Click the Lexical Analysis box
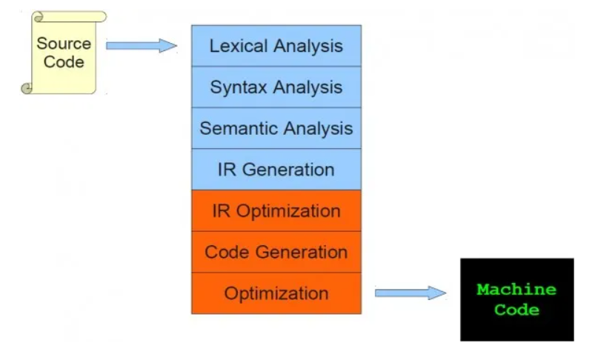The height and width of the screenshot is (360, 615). pos(276,46)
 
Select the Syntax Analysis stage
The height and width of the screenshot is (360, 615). pos(276,87)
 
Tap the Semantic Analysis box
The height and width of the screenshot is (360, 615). pos(276,128)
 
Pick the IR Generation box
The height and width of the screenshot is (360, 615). pos(276,170)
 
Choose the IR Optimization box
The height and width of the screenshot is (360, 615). pos(276,211)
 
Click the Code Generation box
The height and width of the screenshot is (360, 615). pos(276,252)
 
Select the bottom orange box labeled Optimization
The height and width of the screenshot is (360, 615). pos(276,293)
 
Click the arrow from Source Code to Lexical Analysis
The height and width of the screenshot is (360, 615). pos(142,46)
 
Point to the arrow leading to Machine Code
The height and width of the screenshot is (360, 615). pos(410,293)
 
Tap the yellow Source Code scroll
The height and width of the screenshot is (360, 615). pos(64,53)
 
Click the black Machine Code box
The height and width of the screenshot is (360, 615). pos(517,299)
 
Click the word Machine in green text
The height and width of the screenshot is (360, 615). pos(516,289)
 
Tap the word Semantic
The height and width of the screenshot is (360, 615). pos(233,128)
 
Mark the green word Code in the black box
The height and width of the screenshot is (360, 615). pos(516,310)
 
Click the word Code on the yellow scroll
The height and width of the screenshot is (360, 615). pos(64,62)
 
